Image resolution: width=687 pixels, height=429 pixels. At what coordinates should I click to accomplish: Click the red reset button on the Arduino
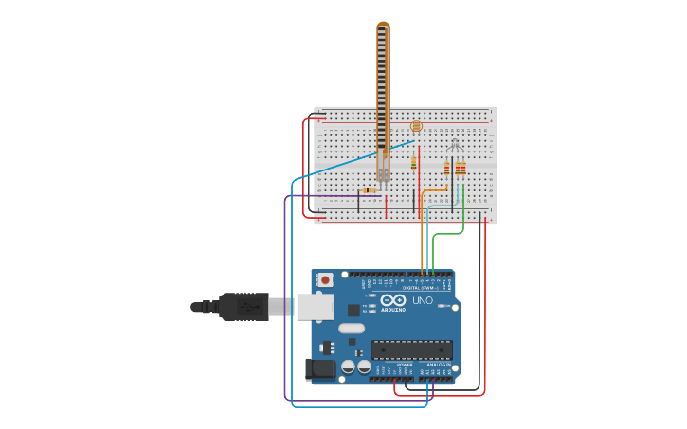[x=325, y=279]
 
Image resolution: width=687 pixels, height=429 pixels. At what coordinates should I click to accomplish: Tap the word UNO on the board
[x=423, y=300]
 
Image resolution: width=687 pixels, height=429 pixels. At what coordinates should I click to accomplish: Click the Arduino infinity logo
[x=393, y=300]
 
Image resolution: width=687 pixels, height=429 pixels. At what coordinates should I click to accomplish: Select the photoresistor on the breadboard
[x=416, y=126]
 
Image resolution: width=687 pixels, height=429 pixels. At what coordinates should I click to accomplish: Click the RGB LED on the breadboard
[x=455, y=146]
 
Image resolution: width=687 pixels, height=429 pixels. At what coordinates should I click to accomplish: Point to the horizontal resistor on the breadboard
[x=370, y=190]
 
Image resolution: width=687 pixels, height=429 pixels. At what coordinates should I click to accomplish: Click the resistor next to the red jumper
[x=414, y=163]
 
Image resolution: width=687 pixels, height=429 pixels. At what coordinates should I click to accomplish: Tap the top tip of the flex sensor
[x=383, y=26]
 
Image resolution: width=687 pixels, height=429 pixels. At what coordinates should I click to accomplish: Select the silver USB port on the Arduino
[x=315, y=306]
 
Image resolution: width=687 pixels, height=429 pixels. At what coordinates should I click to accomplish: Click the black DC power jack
[x=320, y=369]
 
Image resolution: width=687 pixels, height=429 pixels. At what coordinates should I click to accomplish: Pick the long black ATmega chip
[x=411, y=349]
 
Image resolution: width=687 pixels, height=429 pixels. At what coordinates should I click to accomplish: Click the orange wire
[x=423, y=237]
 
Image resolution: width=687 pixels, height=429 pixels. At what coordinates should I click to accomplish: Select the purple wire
[x=285, y=303]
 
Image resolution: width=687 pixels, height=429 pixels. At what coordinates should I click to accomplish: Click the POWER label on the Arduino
[x=405, y=365]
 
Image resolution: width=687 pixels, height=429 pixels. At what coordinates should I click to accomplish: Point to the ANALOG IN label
[x=437, y=365]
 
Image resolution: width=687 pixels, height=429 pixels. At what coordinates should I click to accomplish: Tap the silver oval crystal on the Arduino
[x=351, y=329]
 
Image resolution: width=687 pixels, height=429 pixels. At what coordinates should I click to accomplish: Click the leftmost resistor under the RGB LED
[x=447, y=169]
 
